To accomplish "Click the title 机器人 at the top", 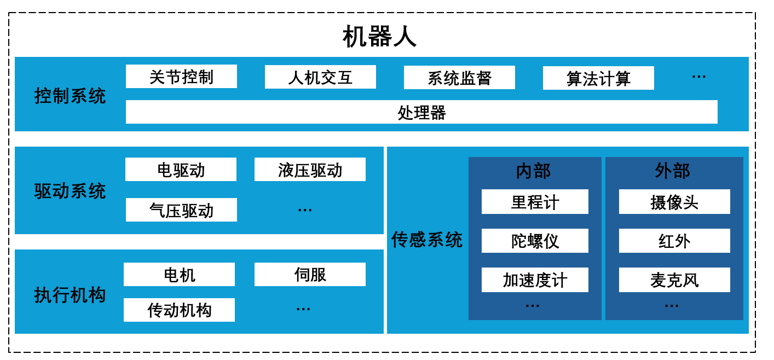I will [379, 37].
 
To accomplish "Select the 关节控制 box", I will [181, 77].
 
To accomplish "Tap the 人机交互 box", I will [320, 77].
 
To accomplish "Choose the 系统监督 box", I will [459, 78].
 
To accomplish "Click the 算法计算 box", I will [598, 78].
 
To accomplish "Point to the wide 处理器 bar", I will [421, 112].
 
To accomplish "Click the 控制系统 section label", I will [70, 96].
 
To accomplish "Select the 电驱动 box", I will [181, 170].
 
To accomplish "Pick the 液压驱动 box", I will [310, 170].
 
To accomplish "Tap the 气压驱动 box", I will [181, 210].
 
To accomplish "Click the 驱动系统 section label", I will [70, 191].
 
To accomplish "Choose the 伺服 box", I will [310, 275].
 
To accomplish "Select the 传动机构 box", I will [179, 310].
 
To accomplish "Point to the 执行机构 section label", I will [70, 295].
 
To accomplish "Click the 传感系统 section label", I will [427, 239].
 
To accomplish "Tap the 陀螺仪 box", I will [535, 241].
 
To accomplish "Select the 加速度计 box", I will [535, 280].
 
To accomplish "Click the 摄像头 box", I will [674, 202].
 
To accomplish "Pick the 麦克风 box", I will [674, 280].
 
